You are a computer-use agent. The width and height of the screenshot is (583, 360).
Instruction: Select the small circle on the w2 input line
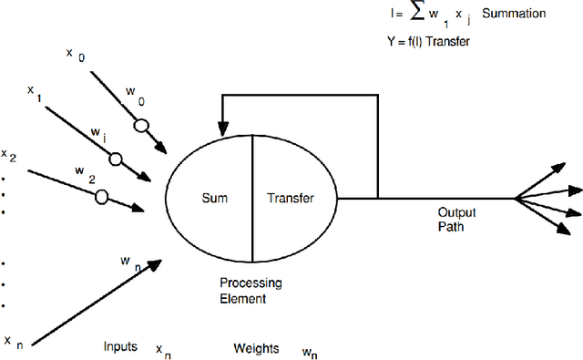pos(102,195)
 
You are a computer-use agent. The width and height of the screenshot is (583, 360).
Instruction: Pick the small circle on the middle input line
pos(116,159)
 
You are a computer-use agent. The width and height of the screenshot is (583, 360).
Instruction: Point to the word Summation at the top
pos(515,14)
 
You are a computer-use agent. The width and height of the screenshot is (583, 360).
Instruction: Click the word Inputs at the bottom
pos(120,346)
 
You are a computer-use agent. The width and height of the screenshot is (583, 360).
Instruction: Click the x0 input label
pos(75,54)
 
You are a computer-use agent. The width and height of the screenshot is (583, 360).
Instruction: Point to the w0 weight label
pos(134,92)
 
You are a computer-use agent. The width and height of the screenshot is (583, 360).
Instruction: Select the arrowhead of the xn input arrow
pos(156,263)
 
